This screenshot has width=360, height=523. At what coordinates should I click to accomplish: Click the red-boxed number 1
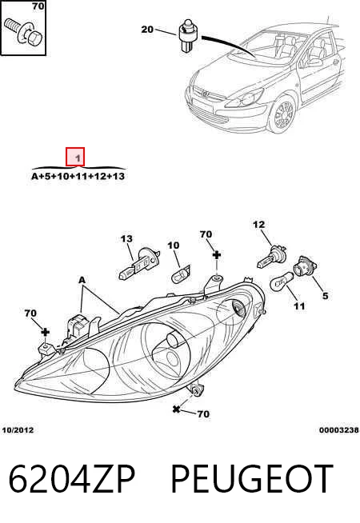tap(78, 158)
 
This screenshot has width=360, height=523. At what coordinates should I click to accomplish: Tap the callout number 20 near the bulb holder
tap(147, 30)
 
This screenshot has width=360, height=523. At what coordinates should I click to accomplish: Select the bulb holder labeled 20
tap(189, 36)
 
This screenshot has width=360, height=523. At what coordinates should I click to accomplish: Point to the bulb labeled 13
tap(137, 264)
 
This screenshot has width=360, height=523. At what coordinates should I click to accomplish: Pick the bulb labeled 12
tap(271, 256)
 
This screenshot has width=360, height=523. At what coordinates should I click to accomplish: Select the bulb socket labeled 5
tap(305, 265)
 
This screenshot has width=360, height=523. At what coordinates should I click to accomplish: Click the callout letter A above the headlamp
tap(82, 280)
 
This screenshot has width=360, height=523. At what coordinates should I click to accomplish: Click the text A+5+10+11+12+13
tap(78, 176)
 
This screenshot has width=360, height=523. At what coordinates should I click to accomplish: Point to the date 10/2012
tap(18, 430)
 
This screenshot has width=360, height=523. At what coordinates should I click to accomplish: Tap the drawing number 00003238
tap(339, 430)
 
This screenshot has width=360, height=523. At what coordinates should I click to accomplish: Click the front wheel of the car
tap(282, 114)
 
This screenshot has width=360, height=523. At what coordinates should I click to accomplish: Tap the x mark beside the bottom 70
tap(176, 409)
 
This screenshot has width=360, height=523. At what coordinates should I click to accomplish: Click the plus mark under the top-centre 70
tap(217, 255)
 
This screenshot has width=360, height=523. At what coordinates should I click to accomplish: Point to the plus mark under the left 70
tap(45, 332)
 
